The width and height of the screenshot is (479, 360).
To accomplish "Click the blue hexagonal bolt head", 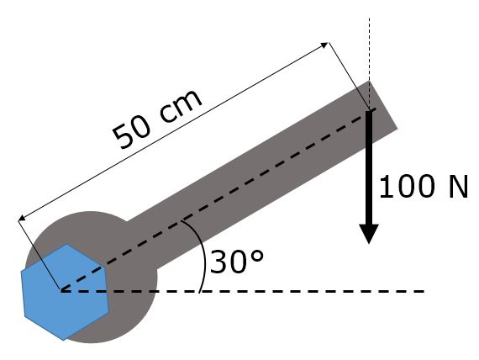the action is tap(65, 292).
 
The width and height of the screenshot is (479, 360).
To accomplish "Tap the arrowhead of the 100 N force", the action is tap(369, 234).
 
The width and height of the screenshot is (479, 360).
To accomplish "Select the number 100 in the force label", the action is tap(407, 186).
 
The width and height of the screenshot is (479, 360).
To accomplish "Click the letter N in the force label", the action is tap(458, 186).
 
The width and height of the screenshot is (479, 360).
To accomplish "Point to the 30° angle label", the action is tap(236, 262).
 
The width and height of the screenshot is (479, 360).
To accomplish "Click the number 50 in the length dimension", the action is tap(132, 135).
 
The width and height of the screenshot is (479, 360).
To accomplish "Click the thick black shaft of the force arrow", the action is tap(369, 167).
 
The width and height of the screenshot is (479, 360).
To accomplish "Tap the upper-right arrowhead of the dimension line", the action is tap(324, 45).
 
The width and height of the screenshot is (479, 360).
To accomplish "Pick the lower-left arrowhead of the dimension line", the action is tap(21, 218).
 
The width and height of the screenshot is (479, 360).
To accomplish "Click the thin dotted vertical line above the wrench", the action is tap(369, 64).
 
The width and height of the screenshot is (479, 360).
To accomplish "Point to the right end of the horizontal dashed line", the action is tap(424, 292).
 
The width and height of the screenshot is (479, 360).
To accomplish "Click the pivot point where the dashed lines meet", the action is tap(61, 290).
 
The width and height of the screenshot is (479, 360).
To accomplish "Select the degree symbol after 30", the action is tap(257, 257).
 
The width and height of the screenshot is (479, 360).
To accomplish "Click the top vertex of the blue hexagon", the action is tap(66, 244).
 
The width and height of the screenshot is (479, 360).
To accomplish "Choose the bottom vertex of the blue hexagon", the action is tap(63, 341).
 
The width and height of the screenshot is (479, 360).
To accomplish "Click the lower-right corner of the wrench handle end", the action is tap(397, 129).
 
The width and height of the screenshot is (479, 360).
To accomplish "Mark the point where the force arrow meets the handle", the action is tap(369, 111).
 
